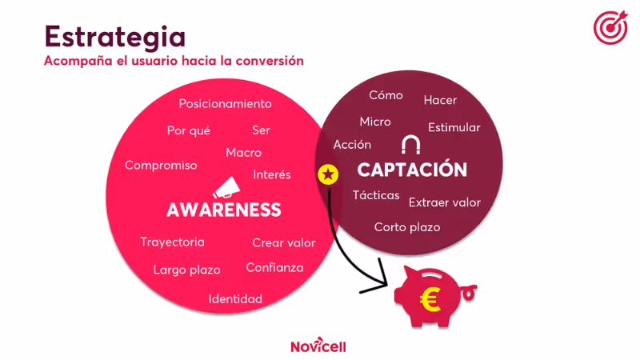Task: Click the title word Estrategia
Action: point(115,36)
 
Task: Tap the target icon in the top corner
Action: point(610,27)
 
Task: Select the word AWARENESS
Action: point(224,210)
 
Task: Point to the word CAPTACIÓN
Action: point(412,170)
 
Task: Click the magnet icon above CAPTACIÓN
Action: point(411,144)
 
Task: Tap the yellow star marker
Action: point(328,174)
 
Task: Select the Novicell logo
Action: point(319,346)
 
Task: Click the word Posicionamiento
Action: point(225,104)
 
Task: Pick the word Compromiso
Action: point(161,166)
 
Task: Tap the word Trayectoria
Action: point(172,242)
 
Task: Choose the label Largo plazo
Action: point(186,270)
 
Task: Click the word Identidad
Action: point(235,299)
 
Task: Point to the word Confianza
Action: point(274,268)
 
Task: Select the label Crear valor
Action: point(283,243)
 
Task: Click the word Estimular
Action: point(454,128)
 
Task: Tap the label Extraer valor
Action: point(444,202)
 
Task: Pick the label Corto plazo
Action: point(407,227)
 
